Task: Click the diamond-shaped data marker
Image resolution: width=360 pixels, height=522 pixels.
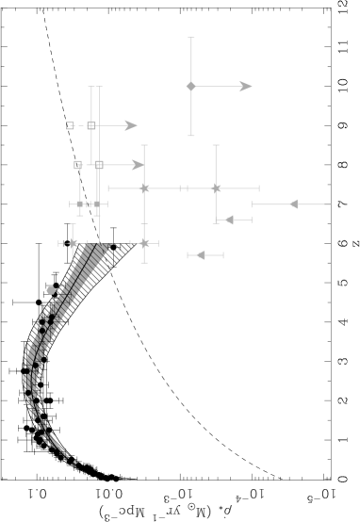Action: pos(191,87)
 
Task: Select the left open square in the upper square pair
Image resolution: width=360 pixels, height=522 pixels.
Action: pos(70,125)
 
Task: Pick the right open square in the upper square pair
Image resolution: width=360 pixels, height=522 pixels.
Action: pos(91,125)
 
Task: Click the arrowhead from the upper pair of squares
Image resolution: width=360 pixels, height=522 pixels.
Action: pos(131,125)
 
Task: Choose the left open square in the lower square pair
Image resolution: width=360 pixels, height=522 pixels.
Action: pos(78,165)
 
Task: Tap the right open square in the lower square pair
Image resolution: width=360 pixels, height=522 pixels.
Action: pos(99,165)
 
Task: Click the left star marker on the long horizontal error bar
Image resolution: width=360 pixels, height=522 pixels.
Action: pos(144,188)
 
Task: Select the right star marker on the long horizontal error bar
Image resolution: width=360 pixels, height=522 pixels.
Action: pos(216,188)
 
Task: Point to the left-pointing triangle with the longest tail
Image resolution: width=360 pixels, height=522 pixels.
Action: pos(294,204)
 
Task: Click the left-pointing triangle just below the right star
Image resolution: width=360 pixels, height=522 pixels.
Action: pos(229,220)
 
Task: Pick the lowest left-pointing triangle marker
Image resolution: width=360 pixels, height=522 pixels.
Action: pos(200,254)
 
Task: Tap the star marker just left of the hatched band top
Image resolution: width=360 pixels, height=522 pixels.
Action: pos(73,243)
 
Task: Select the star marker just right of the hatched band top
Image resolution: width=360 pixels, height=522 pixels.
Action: pos(144,243)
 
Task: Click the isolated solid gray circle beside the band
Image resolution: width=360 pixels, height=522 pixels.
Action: pos(51,290)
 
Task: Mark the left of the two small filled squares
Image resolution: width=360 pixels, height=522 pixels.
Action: pos(80,204)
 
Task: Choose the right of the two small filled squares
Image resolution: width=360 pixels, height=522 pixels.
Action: pos(97,204)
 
